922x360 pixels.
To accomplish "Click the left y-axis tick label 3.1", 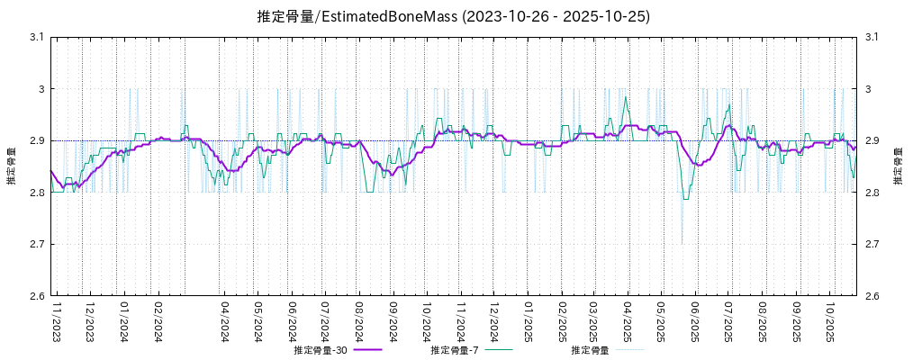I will tap(37, 37).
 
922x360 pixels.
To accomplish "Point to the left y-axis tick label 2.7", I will tap(37, 244).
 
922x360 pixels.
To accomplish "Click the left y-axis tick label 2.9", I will tap(37, 140).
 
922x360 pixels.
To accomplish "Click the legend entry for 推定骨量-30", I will tap(321, 350).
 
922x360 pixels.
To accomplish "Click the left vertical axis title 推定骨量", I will tap(11, 166).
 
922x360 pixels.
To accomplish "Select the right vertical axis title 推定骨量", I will tap(898, 166).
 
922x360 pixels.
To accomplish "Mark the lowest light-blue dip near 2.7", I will tap(682, 243).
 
